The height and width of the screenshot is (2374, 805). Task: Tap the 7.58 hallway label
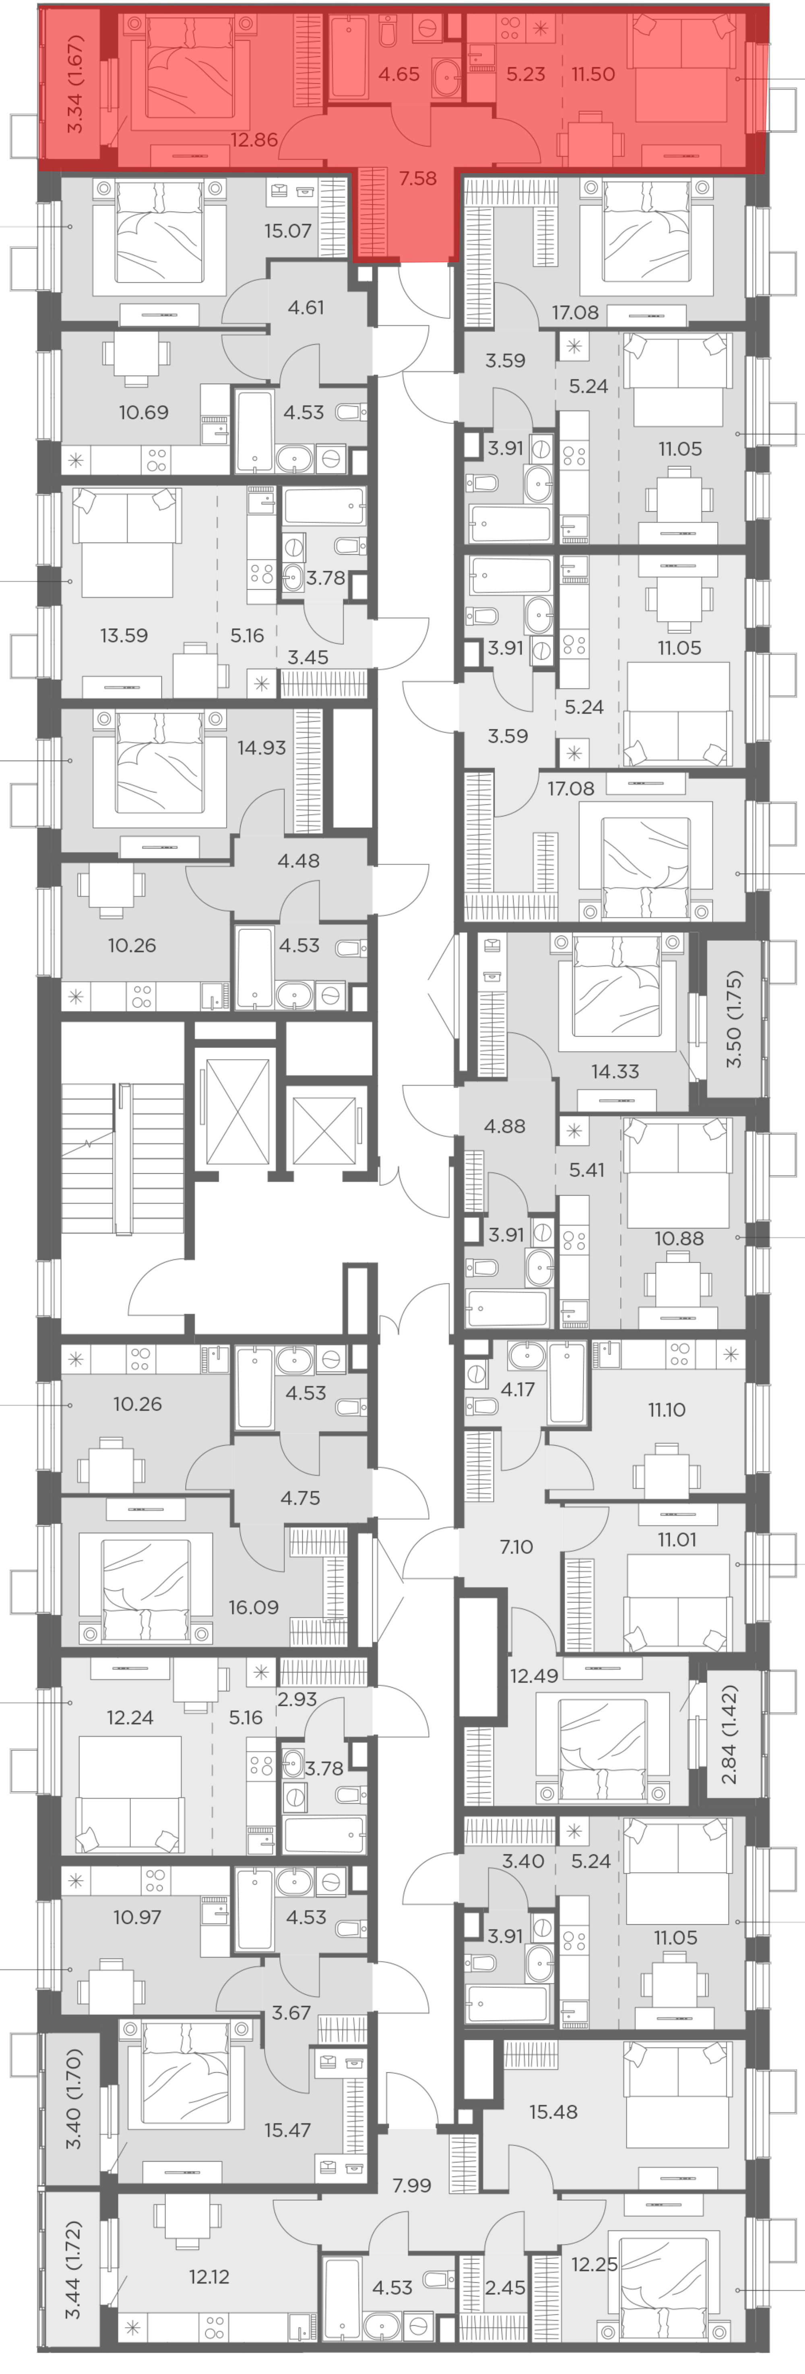tap(418, 178)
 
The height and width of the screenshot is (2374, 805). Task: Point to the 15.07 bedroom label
tap(288, 230)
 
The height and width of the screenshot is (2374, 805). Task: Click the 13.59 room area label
tap(124, 635)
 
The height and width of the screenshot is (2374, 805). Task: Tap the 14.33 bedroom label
tap(615, 1071)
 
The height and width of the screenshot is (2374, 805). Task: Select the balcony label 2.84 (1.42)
tap(729, 1734)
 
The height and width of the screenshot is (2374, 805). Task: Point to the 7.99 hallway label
tap(411, 2185)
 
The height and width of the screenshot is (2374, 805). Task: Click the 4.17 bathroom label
tap(517, 1389)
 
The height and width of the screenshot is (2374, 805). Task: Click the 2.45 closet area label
tap(505, 2288)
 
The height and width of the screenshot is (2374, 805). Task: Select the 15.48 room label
tap(553, 2111)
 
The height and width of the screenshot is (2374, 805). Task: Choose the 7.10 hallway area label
tap(516, 1547)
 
